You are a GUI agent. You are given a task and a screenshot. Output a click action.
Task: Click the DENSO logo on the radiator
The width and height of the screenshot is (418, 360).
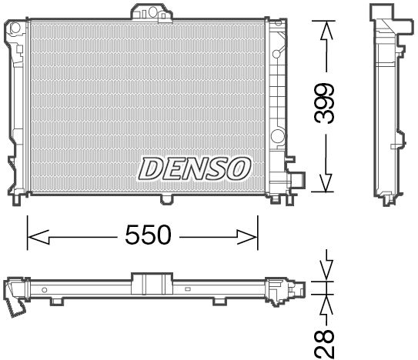point(194,165)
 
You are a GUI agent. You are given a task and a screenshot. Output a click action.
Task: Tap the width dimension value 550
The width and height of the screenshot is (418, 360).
point(148,235)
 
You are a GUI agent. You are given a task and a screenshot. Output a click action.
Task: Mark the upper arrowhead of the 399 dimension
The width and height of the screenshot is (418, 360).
point(326,28)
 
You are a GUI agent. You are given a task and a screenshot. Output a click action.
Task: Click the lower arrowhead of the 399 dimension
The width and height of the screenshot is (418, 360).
point(326,183)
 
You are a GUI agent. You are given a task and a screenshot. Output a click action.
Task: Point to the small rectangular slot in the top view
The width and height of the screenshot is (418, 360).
point(188,290)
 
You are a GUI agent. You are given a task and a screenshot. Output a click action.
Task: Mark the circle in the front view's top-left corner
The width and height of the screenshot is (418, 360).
point(13,28)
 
